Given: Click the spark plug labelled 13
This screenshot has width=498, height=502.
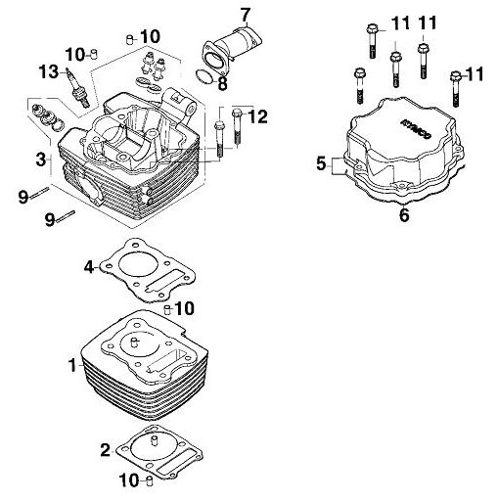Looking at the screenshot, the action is [78, 87].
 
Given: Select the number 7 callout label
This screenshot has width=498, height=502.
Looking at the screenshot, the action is [246, 15].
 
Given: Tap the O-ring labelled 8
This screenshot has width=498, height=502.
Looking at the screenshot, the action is [205, 75].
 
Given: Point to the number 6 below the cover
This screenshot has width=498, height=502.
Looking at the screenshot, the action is [404, 215].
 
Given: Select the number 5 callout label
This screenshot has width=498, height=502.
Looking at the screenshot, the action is [321, 163].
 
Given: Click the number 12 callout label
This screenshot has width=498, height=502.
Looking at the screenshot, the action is [257, 116].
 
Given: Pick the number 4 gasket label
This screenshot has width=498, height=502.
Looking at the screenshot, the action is [89, 267].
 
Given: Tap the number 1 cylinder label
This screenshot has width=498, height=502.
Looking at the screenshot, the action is [73, 365].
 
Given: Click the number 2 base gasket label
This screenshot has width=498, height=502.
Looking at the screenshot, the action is [106, 451].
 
